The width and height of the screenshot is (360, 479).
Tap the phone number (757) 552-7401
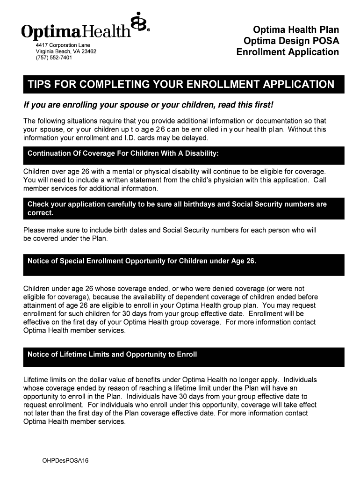54,58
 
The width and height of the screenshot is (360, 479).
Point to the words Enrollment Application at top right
288,52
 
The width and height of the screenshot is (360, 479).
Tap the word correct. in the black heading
41,213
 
